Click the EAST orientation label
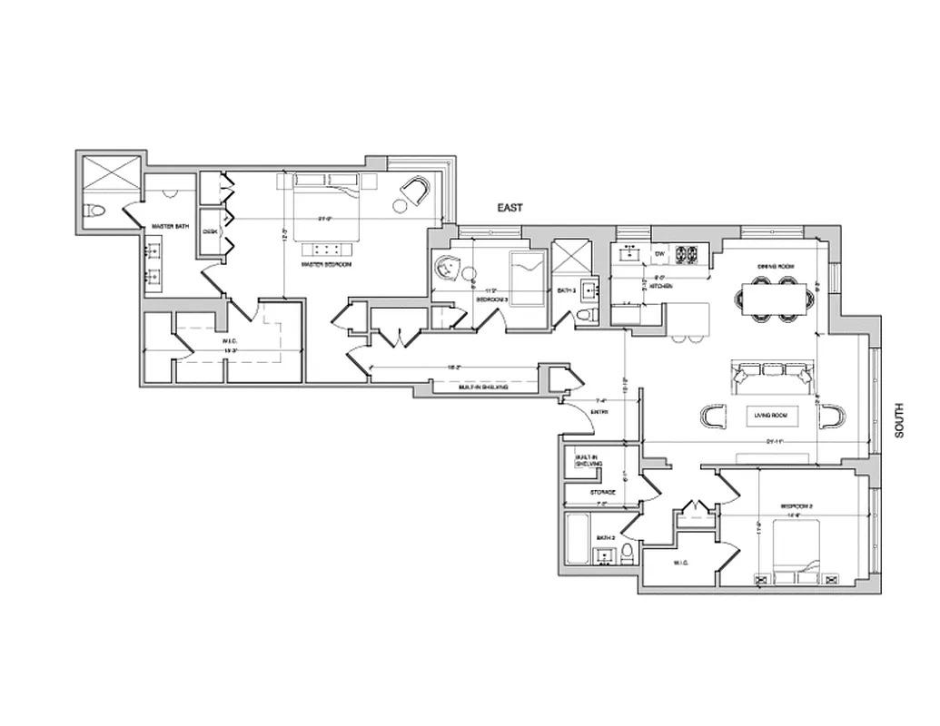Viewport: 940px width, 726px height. pos(510,208)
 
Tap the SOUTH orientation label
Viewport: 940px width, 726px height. pos(900,421)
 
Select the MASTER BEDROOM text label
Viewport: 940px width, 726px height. pos(327,264)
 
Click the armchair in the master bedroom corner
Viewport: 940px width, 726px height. pos(417,191)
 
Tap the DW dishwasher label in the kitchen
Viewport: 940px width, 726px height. pos(660,253)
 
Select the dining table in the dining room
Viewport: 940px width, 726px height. pos(775,298)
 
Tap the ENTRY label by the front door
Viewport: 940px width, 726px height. pos(599,413)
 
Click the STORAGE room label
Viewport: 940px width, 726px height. pos(603,493)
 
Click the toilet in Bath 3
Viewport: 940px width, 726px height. pos(586,314)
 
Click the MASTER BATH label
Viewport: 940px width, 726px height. pos(170,226)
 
